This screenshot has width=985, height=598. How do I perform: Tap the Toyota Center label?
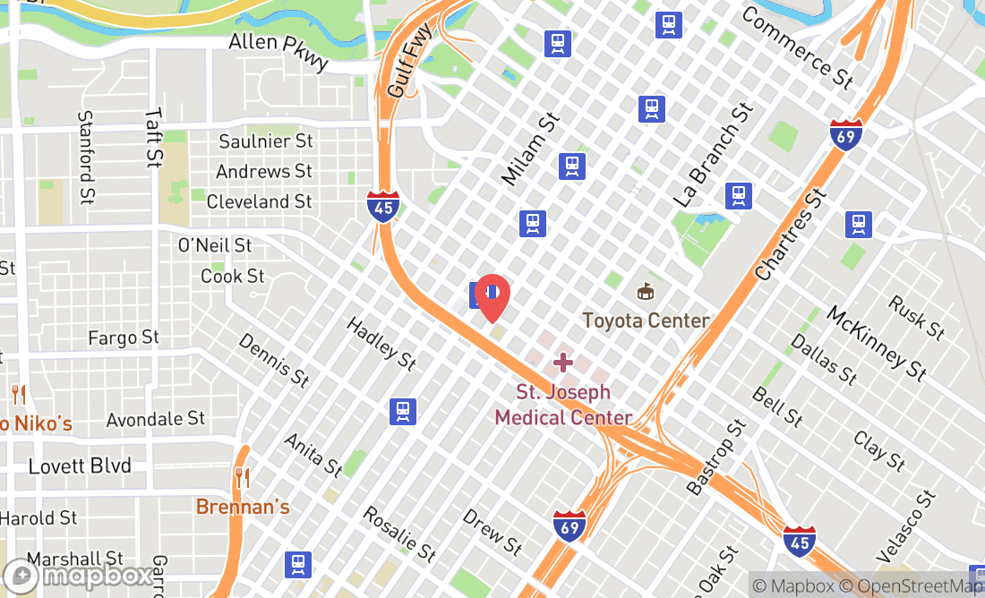tap(646, 320)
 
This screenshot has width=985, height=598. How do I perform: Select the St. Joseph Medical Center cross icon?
tap(562, 363)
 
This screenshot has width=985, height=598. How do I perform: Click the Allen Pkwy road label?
tap(278, 53)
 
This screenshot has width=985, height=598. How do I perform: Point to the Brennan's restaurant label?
tap(244, 507)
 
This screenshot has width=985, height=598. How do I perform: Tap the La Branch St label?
tap(713, 156)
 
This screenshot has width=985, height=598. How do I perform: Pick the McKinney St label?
tap(876, 344)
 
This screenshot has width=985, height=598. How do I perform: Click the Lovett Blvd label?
tap(80, 466)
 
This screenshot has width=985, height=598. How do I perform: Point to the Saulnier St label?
tap(266, 141)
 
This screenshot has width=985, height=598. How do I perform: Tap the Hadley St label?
tap(381, 345)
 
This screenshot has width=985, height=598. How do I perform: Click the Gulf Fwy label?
tap(409, 61)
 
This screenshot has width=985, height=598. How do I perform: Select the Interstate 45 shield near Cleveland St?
tap(382, 206)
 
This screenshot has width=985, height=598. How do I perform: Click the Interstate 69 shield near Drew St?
tap(570, 525)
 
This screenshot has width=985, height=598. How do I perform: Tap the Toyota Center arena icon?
tap(645, 292)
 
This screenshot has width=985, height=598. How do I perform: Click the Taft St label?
tap(154, 139)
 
